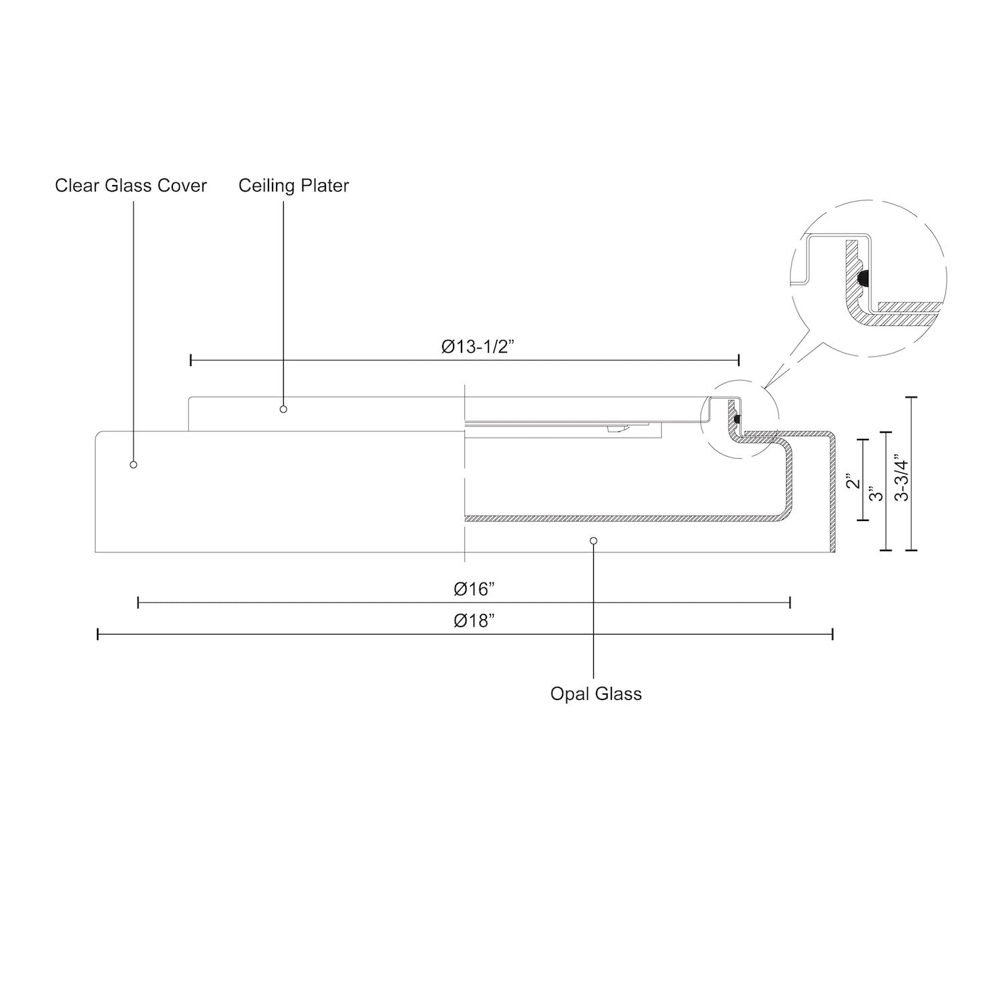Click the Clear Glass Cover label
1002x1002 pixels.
(131, 185)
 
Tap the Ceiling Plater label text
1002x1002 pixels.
(293, 185)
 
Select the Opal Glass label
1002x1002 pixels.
(596, 693)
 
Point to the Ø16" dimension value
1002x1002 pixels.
(474, 589)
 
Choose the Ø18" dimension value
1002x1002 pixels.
(474, 620)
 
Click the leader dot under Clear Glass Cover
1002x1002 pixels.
(134, 464)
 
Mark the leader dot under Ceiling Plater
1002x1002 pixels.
(283, 409)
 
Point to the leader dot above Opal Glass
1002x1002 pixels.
(594, 540)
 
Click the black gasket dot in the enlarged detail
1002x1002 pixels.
(862, 277)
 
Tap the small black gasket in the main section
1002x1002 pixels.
(737, 420)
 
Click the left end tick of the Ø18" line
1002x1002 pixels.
(98, 634)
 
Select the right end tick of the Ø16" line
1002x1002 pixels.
(790, 603)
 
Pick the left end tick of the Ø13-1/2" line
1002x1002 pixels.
(191, 360)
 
